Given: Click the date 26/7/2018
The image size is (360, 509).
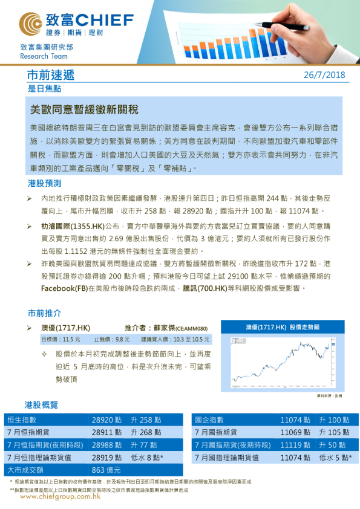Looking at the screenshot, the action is coord(324,76).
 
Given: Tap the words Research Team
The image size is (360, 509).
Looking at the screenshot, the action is coord(41,55).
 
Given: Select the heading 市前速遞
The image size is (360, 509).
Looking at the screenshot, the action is coord(51,76).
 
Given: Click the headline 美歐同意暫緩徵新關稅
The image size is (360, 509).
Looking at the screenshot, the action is coord(84,110).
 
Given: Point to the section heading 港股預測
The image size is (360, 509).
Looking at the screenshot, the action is coord(44,183).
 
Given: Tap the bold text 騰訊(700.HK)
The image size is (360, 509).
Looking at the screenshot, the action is coord(206,288).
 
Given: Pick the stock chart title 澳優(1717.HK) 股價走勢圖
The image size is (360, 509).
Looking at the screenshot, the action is coord(282,327).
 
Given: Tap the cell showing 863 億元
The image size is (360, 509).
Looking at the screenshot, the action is coord(106,470).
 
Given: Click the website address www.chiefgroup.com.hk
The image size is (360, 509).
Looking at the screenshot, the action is coord(60,496).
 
